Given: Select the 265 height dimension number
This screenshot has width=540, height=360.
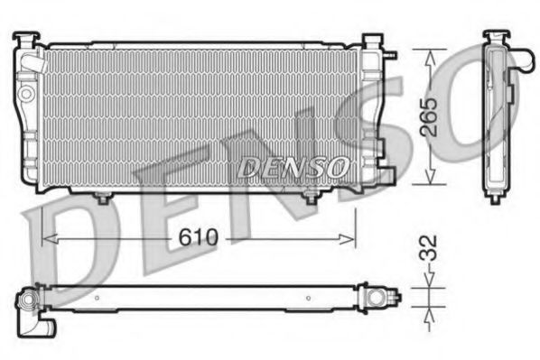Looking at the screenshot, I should pyautogui.click(x=432, y=116).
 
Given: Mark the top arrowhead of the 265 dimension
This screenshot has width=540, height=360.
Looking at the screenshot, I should pyautogui.click(x=432, y=53).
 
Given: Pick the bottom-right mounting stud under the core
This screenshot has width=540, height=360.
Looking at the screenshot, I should pyautogui.click(x=311, y=197).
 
